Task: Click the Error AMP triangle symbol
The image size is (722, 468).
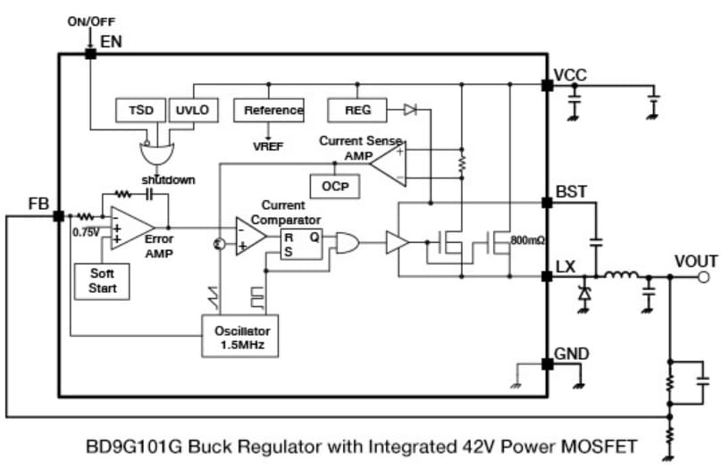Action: pyautogui.click(x=127, y=230)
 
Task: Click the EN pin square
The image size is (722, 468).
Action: pyautogui.click(x=90, y=54)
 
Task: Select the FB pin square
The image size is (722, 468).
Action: pyautogui.click(x=58, y=216)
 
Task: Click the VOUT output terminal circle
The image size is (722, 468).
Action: pyautogui.click(x=705, y=278)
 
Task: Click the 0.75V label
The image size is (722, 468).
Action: pyautogui.click(x=85, y=233)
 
